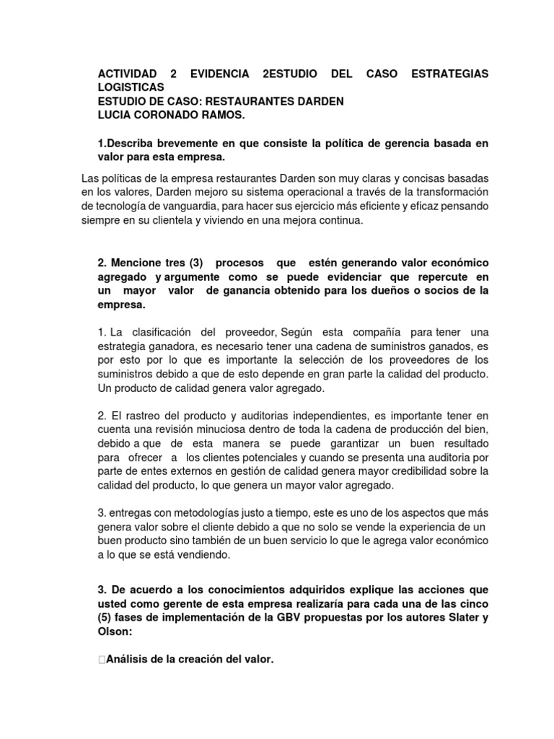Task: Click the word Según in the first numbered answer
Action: click(x=302, y=331)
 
